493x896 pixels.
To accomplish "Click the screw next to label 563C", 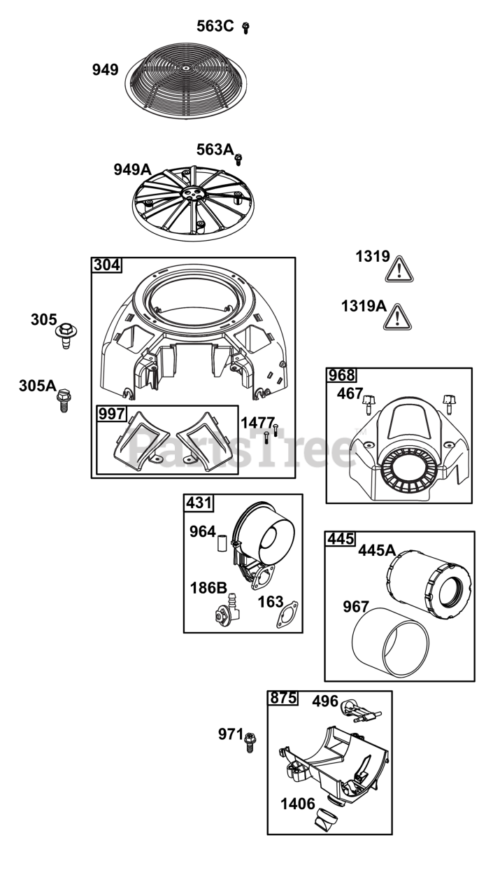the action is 245,28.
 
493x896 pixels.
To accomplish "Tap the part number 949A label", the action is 133,169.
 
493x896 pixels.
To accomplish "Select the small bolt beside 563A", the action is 238,160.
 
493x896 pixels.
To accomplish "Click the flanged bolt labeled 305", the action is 66,335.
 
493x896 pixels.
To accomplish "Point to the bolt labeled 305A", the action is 64,400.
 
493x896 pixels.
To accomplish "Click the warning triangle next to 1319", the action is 399,269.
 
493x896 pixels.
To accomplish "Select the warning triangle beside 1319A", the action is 397,317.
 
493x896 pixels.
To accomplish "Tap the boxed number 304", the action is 107,265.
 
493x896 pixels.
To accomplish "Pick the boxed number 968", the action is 341,375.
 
